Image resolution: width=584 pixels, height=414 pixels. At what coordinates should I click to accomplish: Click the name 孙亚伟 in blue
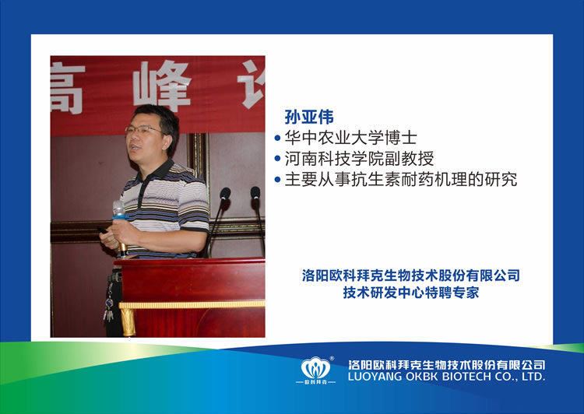tap(309, 117)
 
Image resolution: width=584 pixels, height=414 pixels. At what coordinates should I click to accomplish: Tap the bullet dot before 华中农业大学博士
tap(277, 138)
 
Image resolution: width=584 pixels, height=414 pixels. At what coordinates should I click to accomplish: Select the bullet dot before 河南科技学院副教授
tap(277, 159)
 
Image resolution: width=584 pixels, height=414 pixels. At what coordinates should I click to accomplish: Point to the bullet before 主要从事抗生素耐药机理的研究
tap(277, 180)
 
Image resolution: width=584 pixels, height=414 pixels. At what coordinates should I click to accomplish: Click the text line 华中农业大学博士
tap(350, 138)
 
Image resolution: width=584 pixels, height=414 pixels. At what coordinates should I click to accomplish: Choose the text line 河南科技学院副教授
tap(359, 159)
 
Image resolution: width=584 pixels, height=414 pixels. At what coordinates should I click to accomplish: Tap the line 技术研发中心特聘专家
tap(411, 293)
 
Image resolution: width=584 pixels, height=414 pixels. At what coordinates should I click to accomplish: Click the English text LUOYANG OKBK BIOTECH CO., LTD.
tap(447, 377)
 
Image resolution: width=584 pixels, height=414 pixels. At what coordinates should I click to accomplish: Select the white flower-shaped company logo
tap(315, 368)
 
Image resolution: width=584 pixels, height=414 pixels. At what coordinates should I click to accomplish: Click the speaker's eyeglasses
tap(142, 129)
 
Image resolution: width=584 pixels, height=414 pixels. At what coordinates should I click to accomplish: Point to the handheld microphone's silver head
tap(119, 208)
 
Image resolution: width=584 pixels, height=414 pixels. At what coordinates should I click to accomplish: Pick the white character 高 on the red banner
tap(66, 89)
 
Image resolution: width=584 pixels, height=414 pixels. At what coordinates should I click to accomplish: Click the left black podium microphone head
tap(225, 193)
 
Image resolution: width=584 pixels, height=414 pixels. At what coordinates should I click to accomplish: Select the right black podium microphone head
tap(255, 193)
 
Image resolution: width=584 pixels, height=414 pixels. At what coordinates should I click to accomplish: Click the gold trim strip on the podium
tap(192, 304)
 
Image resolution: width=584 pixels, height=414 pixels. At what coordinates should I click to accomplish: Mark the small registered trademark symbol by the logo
tap(332, 359)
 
